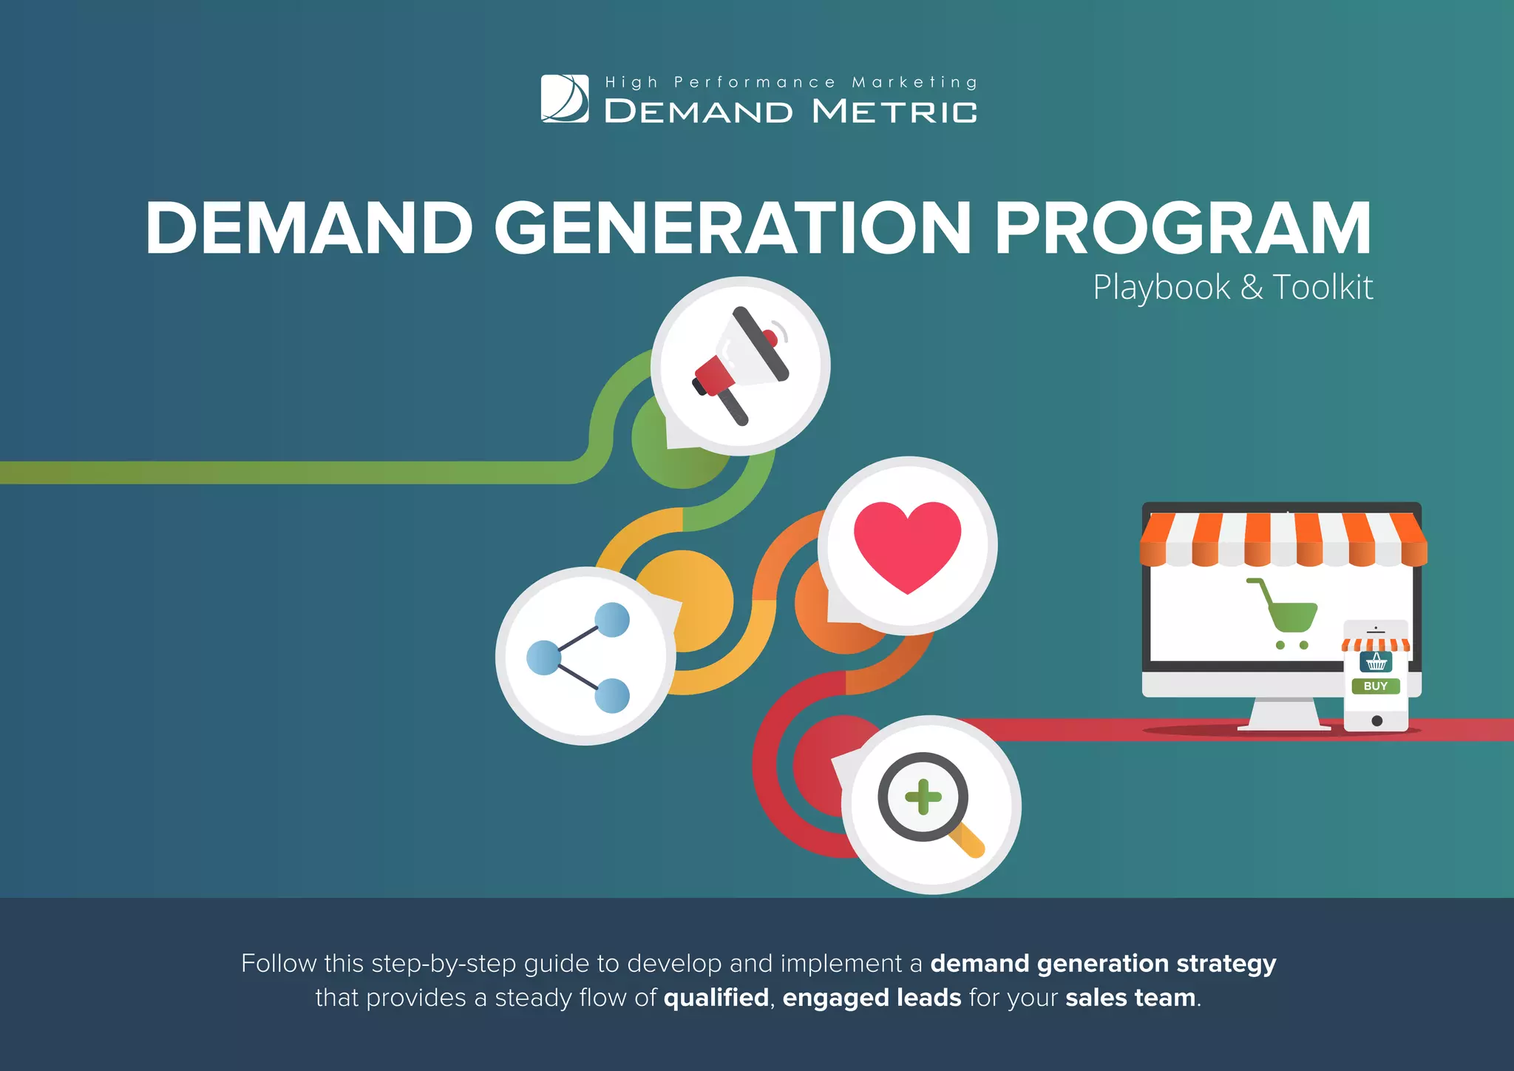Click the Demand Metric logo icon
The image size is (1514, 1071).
tap(565, 98)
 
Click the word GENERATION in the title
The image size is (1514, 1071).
tap(732, 229)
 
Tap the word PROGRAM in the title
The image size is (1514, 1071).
tap(1183, 229)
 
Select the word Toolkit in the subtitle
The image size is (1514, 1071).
tap(1323, 288)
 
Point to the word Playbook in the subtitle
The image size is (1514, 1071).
tap(1161, 288)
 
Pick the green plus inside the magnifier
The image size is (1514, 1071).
tap(923, 797)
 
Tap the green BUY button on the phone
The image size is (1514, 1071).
tap(1375, 686)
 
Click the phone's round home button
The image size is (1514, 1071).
tap(1376, 720)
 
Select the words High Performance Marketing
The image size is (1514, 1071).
tap(791, 82)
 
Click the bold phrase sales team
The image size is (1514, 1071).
tap(1130, 998)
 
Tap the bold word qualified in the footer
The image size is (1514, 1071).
tap(716, 998)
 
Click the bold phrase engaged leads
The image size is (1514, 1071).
tap(872, 998)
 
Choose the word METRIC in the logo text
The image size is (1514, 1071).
tap(895, 112)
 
